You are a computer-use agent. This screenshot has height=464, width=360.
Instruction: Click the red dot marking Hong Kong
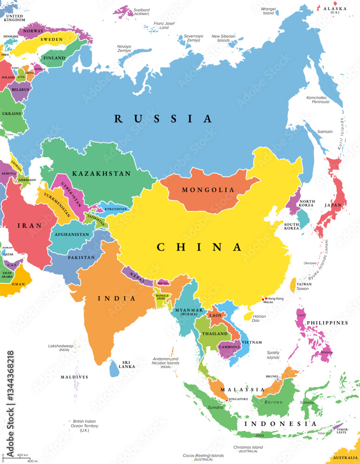coord(266,299)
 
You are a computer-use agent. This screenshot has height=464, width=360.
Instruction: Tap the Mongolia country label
coord(208,190)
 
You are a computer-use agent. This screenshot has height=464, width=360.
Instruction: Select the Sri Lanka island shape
coord(114,369)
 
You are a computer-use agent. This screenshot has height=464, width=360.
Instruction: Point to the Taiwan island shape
coord(293,285)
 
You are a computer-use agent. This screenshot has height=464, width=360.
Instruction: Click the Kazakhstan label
coord(101,174)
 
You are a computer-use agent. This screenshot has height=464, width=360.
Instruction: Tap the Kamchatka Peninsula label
coord(318,100)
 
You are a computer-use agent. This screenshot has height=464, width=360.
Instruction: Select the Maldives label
coord(74,377)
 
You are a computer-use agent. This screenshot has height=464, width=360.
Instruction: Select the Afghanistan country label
coord(72,234)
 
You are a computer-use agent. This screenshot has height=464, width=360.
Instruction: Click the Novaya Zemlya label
coord(124,49)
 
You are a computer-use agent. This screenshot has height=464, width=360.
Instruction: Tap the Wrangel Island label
coord(269,11)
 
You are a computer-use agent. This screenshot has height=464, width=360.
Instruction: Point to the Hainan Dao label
coord(259,318)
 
